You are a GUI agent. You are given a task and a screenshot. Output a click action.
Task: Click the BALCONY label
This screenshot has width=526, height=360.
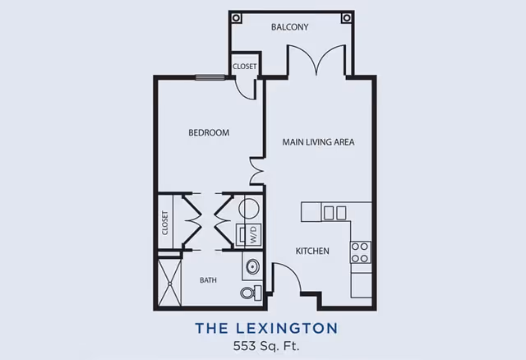289,27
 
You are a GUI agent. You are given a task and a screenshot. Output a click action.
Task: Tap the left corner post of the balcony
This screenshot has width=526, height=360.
236,17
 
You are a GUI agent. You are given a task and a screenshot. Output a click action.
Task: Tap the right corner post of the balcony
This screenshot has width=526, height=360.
347,17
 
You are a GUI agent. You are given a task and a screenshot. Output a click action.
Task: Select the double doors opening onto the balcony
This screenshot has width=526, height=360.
316,62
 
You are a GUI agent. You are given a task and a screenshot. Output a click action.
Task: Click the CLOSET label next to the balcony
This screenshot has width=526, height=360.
244,67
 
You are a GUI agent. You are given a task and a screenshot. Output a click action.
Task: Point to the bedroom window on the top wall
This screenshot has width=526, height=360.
210,78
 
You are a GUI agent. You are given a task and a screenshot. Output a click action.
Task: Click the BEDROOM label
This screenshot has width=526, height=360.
209,133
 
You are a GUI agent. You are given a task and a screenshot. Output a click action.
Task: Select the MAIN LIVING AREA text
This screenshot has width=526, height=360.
318,142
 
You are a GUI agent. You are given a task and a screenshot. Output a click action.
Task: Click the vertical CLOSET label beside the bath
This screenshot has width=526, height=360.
165,223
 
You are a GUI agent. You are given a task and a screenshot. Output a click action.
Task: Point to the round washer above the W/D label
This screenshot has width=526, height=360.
248,209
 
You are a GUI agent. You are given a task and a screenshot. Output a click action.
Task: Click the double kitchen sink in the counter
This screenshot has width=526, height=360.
335,213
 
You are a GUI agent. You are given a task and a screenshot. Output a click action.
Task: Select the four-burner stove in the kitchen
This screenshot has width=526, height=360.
360,252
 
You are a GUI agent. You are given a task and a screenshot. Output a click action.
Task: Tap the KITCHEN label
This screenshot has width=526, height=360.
312,252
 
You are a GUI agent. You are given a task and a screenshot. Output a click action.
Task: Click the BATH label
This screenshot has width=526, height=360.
209,280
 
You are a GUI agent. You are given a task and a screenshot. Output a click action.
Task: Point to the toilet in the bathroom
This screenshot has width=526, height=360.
250,293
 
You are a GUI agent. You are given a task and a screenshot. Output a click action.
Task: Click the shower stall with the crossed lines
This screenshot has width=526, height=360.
169,282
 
